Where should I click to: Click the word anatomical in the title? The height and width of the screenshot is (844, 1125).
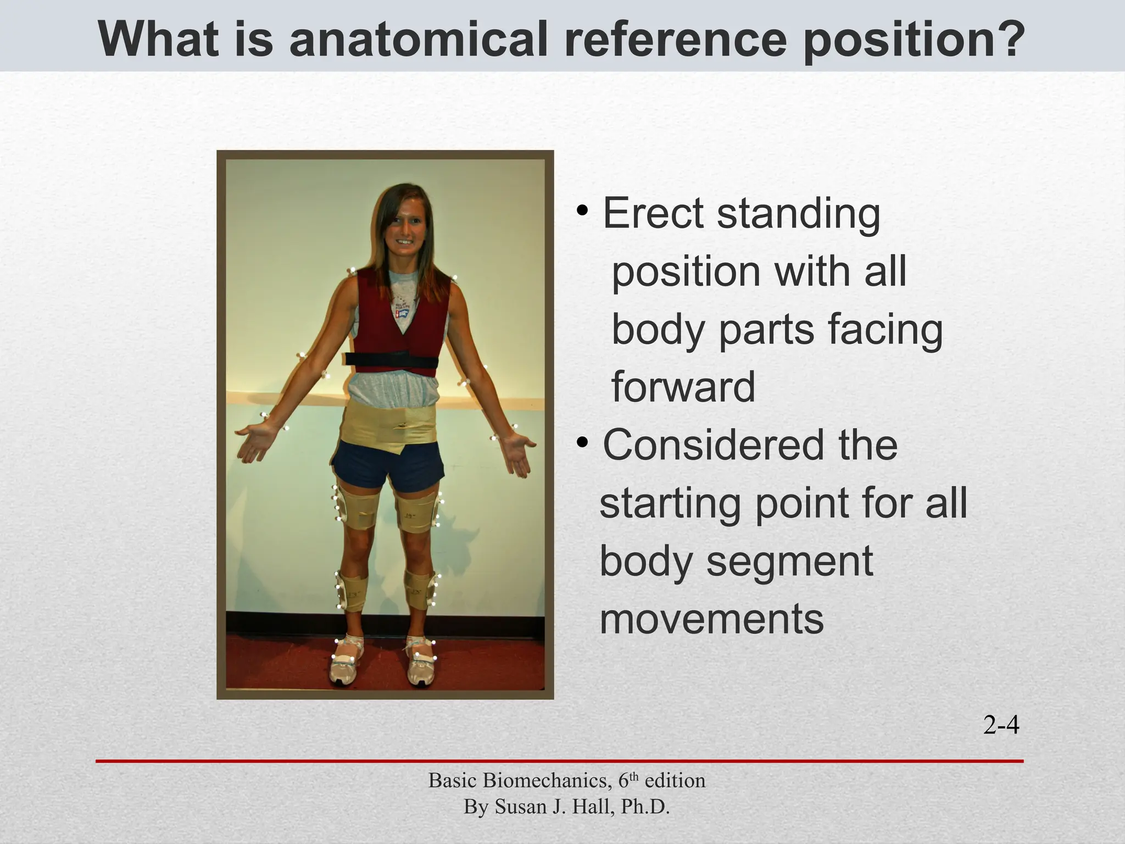pyautogui.click(x=418, y=40)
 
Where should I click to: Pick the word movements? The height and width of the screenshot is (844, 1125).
pyautogui.click(x=711, y=619)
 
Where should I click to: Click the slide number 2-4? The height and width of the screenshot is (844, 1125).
pyautogui.click(x=1001, y=726)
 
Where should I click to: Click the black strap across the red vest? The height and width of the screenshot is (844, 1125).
pyautogui.click(x=392, y=360)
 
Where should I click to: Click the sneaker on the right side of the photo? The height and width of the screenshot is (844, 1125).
pyautogui.click(x=421, y=665)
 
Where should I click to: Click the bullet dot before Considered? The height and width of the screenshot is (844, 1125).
pyautogui.click(x=583, y=442)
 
